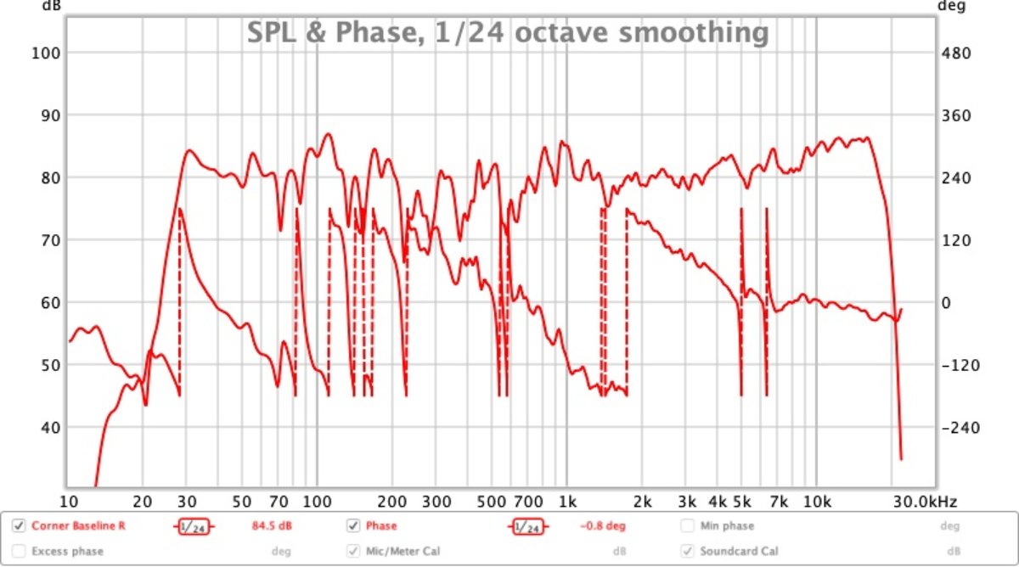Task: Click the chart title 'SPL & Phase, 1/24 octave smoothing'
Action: pos(508,32)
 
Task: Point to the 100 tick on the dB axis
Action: pos(42,53)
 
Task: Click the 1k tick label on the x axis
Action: pos(568,500)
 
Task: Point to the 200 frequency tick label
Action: pos(391,500)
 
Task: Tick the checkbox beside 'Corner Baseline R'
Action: pos(19,526)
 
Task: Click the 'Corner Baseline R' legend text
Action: pos(78,526)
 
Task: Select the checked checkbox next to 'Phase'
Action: pos(353,526)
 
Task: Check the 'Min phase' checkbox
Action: pos(688,526)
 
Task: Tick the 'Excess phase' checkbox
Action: pos(19,551)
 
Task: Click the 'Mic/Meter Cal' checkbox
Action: pos(353,551)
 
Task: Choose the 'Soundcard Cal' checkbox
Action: pos(688,551)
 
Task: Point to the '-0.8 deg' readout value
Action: pos(603,526)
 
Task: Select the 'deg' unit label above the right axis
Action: pos(948,4)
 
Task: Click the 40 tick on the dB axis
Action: pos(42,427)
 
